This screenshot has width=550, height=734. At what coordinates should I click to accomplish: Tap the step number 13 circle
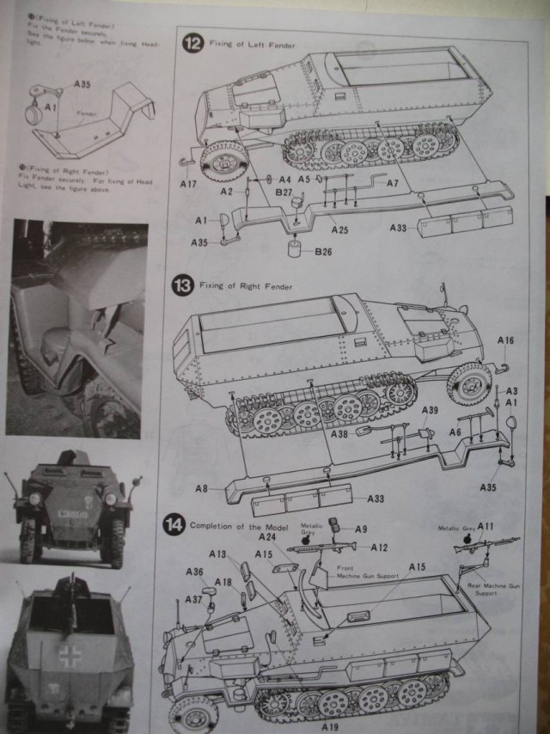[180, 287]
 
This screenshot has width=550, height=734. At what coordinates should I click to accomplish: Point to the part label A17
[188, 184]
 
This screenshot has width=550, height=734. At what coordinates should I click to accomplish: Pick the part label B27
[286, 193]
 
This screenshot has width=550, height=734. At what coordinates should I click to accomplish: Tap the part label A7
[391, 183]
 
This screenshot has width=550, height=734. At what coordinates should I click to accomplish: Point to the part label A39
[430, 409]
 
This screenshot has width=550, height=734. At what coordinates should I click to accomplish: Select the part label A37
[194, 599]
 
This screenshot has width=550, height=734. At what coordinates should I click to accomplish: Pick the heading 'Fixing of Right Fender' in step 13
[245, 285]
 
